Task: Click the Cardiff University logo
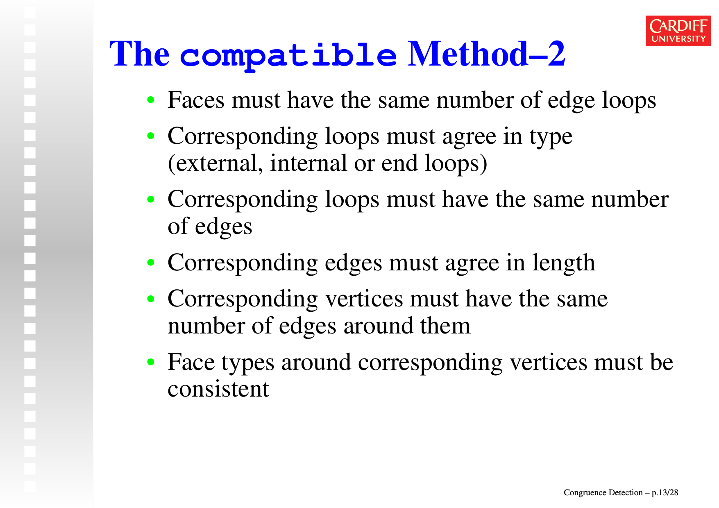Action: pos(678,31)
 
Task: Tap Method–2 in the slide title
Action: pos(486,54)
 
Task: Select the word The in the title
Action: pos(139,54)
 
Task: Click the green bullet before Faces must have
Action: pos(151,100)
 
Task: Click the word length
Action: pos(564,263)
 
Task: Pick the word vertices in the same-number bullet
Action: pos(364,299)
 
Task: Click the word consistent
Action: pos(218,389)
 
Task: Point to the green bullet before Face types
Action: pos(151,362)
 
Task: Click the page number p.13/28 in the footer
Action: pos(665,493)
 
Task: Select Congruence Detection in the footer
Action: pos(603,492)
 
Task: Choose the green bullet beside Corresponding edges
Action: pos(151,263)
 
